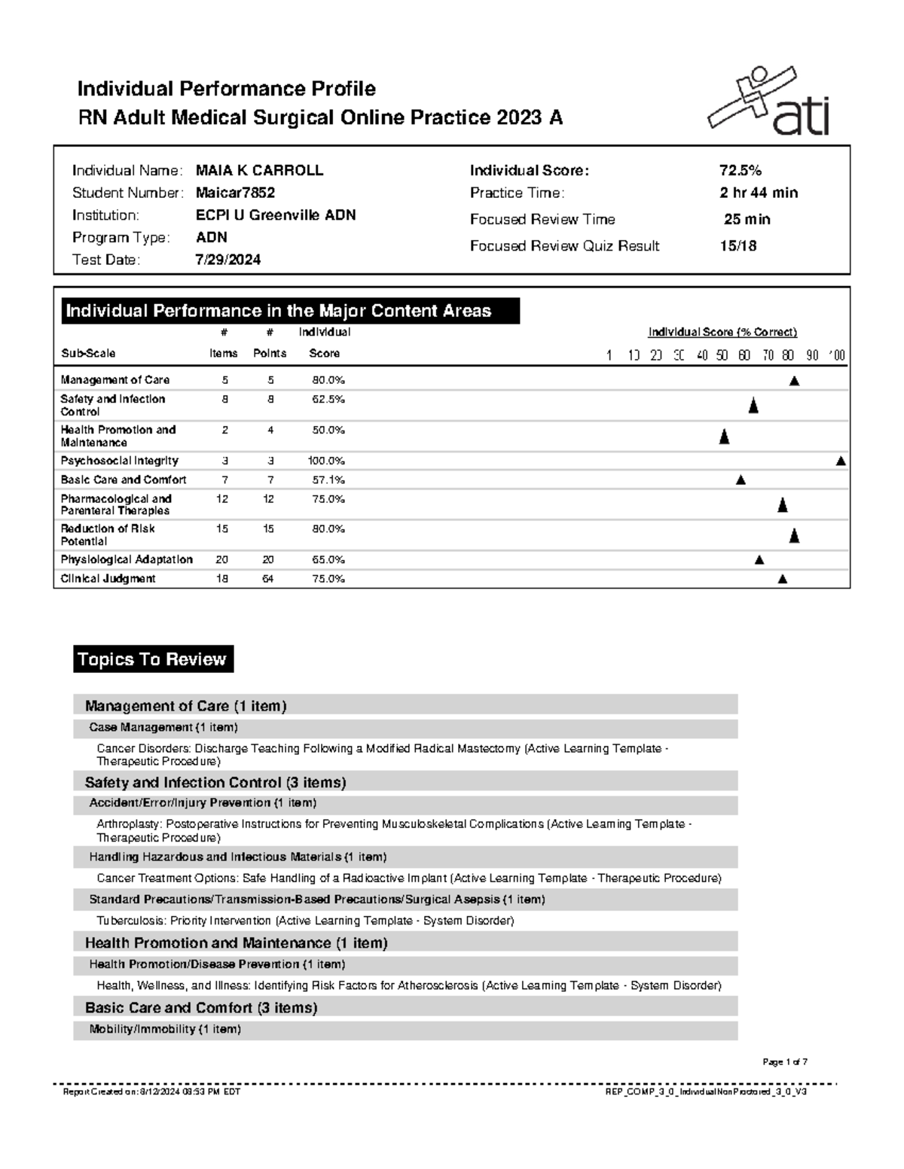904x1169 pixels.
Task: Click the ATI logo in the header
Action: tap(768, 104)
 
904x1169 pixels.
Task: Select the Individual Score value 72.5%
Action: tap(741, 171)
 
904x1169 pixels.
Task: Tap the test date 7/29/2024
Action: tap(228, 260)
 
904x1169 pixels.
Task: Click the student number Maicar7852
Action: tap(235, 193)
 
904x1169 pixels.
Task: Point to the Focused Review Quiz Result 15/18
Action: tap(738, 246)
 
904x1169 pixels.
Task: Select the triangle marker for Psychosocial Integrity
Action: tap(841, 461)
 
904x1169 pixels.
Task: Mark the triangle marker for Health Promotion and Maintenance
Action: tap(724, 437)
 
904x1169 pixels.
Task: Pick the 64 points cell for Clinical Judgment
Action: tap(268, 579)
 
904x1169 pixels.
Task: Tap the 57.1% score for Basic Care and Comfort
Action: tap(328, 479)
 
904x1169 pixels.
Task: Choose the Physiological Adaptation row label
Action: tap(127, 560)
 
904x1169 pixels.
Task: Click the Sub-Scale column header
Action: tap(88, 354)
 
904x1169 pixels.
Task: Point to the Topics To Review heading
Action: tap(153, 659)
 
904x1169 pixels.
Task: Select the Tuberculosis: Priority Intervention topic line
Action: tap(305, 921)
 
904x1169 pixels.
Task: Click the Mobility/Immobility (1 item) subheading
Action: tap(165, 1029)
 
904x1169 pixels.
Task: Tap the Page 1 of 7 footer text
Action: tap(784, 1062)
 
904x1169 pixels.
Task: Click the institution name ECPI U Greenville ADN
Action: tap(276, 215)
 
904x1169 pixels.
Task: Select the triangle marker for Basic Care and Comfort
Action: tap(741, 480)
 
